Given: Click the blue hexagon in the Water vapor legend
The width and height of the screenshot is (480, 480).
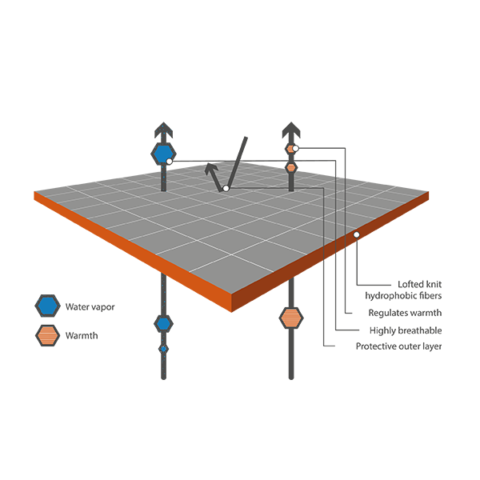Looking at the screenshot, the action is [47, 306].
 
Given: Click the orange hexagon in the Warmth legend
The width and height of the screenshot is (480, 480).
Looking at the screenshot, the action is [47, 335].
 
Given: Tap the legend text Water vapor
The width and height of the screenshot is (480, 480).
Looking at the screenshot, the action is [90, 306].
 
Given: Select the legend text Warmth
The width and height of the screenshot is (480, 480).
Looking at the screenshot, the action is [82, 335].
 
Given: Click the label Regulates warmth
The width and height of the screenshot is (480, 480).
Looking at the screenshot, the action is [405, 313].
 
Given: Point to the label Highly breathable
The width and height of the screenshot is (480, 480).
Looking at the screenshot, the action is [406, 330].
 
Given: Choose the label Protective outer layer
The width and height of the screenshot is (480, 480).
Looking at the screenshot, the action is [398, 346].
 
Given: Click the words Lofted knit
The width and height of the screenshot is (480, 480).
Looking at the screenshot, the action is [419, 284].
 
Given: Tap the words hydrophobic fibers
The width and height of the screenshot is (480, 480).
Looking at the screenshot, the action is [403, 295].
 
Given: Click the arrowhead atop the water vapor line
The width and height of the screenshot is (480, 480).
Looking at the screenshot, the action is [164, 130].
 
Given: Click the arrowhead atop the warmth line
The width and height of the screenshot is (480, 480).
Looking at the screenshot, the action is [291, 130].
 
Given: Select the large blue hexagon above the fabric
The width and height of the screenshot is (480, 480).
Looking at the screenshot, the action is [163, 154].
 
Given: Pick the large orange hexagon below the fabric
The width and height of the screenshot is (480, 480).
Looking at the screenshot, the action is [291, 318].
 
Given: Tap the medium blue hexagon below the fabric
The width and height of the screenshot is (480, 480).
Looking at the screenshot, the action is [163, 323].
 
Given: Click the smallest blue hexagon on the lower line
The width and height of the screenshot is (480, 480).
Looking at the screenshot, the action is [163, 349].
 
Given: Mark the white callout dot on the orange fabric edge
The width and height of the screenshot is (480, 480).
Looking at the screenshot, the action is [356, 234].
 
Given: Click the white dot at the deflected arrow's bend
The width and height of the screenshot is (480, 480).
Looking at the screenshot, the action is [226, 188].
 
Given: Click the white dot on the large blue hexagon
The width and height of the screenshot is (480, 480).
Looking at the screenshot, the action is [169, 162].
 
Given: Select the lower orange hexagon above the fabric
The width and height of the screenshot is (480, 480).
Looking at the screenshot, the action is [291, 167].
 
